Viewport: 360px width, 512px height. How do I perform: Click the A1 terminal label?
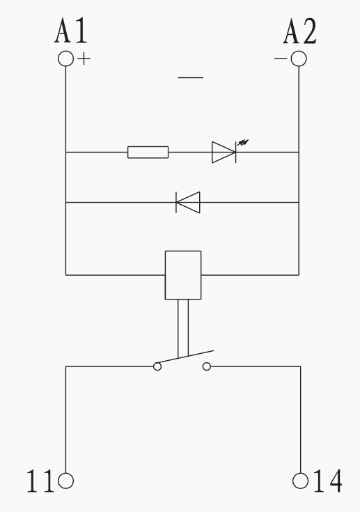71,31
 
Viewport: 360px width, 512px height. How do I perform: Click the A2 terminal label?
299,31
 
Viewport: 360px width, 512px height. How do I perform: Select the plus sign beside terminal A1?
84,59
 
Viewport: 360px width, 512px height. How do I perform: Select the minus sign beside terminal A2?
281,59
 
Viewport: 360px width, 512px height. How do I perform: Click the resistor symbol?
148,152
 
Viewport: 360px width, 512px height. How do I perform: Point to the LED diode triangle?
224,152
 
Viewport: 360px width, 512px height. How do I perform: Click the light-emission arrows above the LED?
243,142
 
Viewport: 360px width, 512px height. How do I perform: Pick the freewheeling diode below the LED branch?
188,203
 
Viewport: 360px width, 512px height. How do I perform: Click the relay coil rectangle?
183,275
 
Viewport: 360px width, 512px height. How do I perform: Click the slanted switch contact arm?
185,357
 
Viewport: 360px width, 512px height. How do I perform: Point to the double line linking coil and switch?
183,328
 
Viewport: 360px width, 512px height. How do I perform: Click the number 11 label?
40,481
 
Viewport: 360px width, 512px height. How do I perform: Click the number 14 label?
328,481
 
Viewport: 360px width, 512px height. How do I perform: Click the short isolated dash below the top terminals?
191,78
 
